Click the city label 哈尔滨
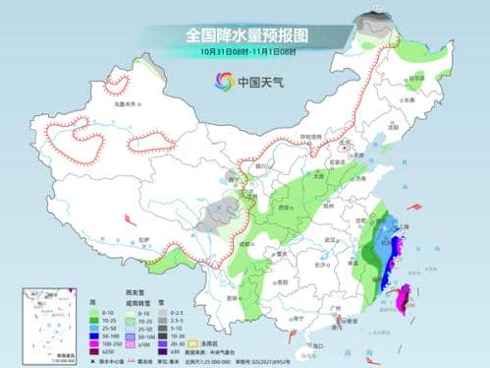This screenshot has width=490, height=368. pyautogui.click(x=418, y=82)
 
